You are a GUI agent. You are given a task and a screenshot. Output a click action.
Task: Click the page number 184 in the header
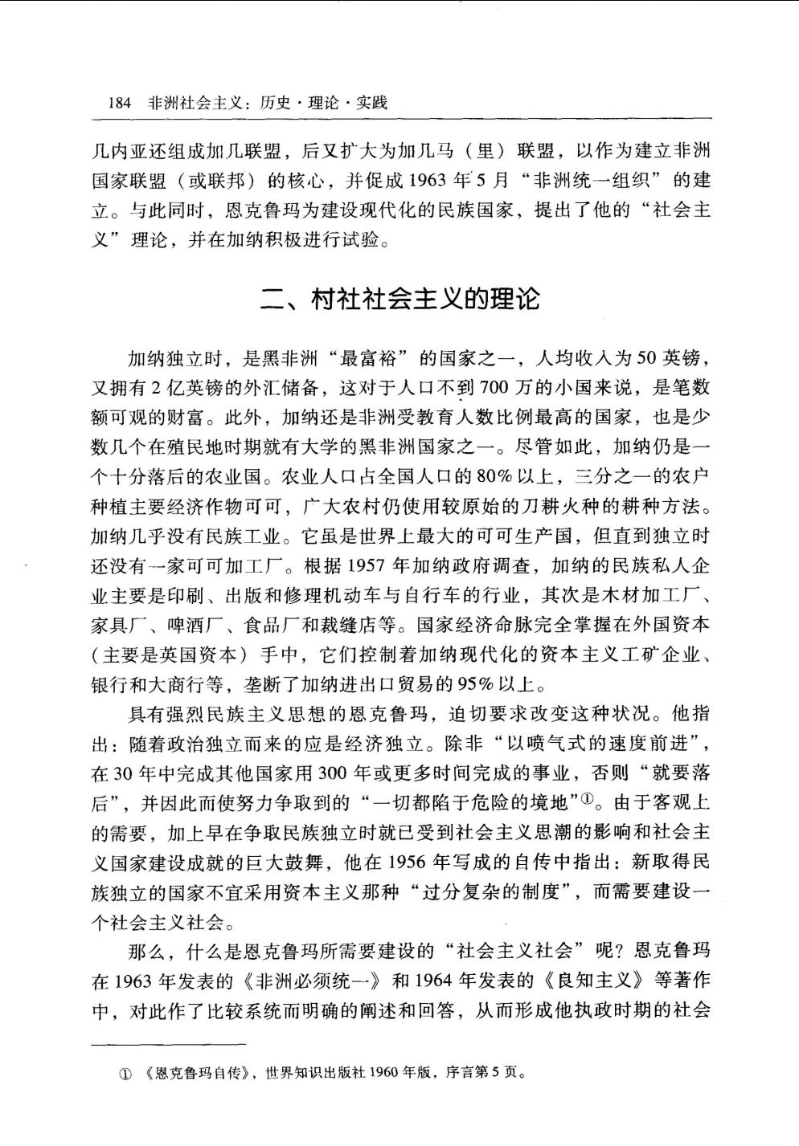tap(119, 104)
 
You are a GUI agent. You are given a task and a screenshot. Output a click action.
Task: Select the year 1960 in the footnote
tap(381, 1072)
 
